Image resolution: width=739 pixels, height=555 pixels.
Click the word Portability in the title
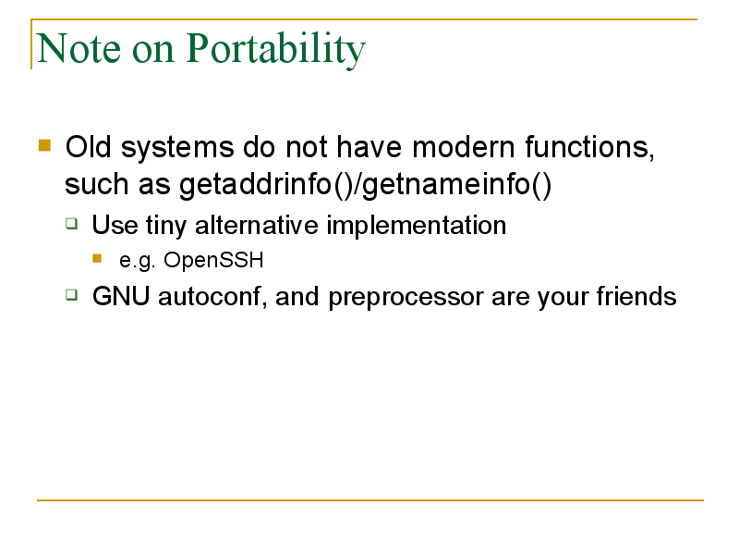pos(275,49)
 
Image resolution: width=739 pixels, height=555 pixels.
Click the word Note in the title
pos(79,48)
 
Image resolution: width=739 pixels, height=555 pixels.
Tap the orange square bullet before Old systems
pos(44,145)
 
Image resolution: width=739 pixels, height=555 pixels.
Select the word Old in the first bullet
pos(88,147)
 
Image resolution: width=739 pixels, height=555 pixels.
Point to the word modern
pos(464,147)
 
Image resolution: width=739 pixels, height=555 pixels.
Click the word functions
pos(589,147)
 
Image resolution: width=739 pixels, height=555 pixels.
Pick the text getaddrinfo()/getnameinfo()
pos(365,184)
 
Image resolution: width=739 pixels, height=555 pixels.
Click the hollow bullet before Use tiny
pos(72,223)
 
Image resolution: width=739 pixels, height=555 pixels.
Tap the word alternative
pos(257,225)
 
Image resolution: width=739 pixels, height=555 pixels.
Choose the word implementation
pos(417,226)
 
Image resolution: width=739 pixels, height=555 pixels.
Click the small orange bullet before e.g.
pos(97,258)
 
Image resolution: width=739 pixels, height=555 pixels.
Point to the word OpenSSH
pos(213,260)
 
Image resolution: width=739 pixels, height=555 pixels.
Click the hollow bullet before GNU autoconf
pos(72,295)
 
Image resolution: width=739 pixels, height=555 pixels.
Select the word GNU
pos(121,296)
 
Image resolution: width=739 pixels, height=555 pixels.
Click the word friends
pos(636,296)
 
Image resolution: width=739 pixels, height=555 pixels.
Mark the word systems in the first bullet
pos(177,148)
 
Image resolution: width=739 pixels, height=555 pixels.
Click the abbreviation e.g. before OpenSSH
pos(137,261)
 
